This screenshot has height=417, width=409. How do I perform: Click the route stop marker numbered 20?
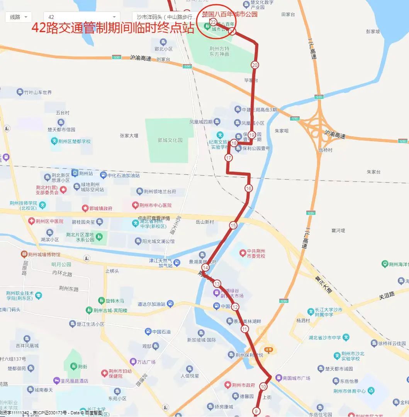(255, 65)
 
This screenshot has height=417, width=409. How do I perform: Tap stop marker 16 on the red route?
(248, 188)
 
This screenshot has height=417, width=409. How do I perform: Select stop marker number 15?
(233, 225)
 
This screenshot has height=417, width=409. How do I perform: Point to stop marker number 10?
(263, 386)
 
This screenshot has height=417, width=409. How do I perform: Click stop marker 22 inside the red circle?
(213, 22)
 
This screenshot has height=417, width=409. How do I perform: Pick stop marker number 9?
(256, 411)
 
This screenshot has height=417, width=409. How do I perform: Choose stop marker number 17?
(229, 158)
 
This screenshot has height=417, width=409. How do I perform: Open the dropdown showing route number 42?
(81, 17)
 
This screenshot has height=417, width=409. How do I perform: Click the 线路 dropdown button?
(19, 17)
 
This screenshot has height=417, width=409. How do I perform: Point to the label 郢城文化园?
(170, 140)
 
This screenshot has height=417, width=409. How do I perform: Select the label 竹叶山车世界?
(37, 92)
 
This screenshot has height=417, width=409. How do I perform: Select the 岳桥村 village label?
(326, 150)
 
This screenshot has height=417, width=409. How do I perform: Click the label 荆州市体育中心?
(350, 391)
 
